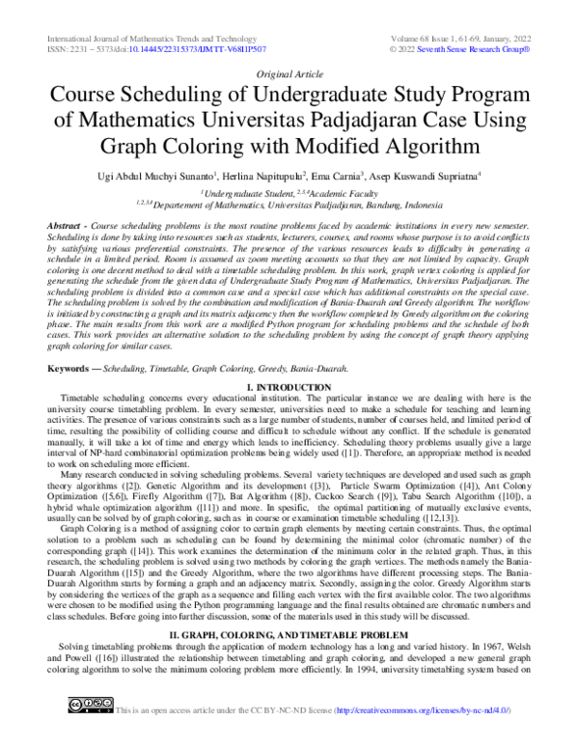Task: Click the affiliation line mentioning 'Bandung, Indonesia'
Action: point(289,206)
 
